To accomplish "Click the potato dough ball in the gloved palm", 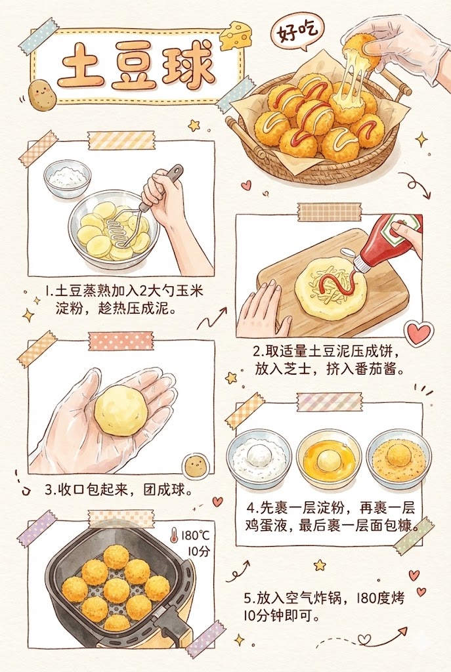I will (x=120, y=411).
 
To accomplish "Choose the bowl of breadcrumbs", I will (x=398, y=458).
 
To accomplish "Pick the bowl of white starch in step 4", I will (x=259, y=457).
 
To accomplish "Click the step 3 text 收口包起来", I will (x=89, y=490).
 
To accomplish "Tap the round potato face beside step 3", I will (x=194, y=466).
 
